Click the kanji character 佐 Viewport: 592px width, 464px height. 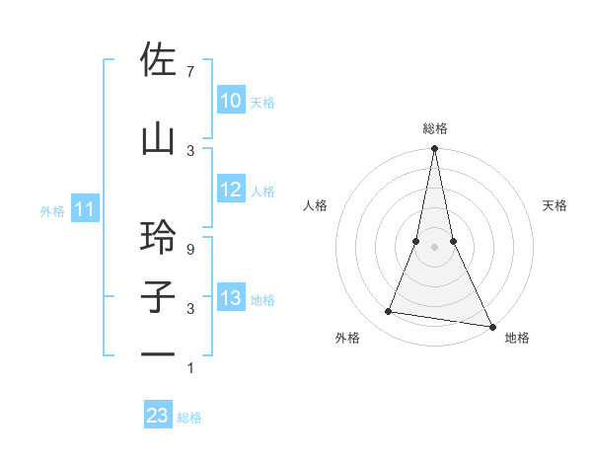click(x=159, y=61)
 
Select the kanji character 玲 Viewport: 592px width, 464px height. click(x=159, y=238)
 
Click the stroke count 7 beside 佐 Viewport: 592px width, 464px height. click(x=190, y=71)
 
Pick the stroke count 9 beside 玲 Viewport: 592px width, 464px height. click(x=190, y=251)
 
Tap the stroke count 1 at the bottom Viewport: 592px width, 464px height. click(x=190, y=368)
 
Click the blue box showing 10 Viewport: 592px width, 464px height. click(x=231, y=101)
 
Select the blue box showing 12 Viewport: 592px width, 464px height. click(x=231, y=191)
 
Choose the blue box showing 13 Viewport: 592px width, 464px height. click(x=231, y=298)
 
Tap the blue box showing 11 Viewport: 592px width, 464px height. click(x=85, y=209)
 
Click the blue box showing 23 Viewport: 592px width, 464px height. click(x=158, y=416)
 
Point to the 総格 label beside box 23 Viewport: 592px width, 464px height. click(x=189, y=418)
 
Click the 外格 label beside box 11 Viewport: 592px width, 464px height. click(x=52, y=210)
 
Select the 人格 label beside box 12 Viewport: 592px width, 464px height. click(x=262, y=192)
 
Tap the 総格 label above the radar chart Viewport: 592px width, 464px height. click(x=434, y=128)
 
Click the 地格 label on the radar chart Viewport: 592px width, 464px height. click(x=517, y=339)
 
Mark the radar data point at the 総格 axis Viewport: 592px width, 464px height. click(x=434, y=149)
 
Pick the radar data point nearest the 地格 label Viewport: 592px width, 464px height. click(x=491, y=326)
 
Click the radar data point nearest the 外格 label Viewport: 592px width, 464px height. click(x=389, y=312)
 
